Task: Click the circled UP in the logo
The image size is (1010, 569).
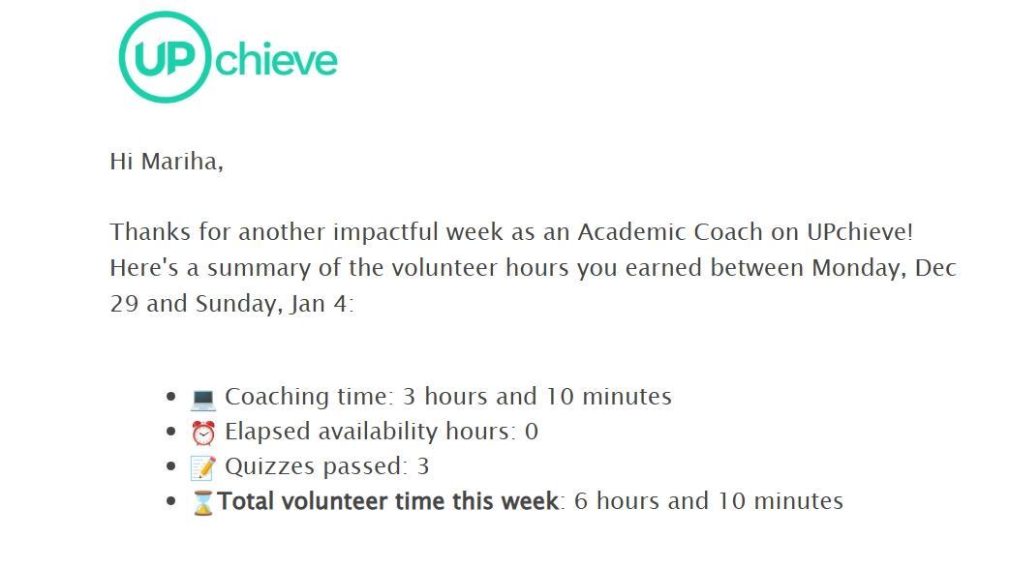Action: point(165,57)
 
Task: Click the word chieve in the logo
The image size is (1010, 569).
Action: point(277,60)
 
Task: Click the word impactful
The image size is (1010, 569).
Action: point(385,231)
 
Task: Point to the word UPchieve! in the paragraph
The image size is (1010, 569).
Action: point(860,231)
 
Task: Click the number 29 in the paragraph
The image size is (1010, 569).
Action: point(124,304)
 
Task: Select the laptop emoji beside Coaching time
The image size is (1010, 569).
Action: point(203,399)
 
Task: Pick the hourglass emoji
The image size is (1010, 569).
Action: point(203,502)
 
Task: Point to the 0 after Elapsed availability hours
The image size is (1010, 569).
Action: point(532,432)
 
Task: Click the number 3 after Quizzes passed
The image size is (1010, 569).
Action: point(423,466)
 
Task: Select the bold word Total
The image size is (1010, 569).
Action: point(245,500)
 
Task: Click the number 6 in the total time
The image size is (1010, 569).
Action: point(580,501)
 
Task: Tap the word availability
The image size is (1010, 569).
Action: point(378,432)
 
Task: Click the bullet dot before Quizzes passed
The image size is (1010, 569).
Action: point(170,466)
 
